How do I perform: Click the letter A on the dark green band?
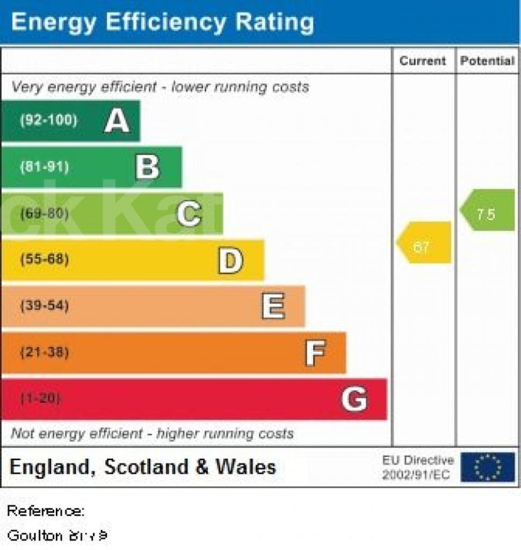tap(117, 121)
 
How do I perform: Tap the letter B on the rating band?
tap(148, 167)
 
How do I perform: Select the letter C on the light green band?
tap(189, 214)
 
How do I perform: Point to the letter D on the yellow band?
tap(230, 260)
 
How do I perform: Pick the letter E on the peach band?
tap(273, 307)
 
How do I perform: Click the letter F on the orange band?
tap(315, 353)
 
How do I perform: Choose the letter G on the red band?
tap(354, 400)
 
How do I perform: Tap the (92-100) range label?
tap(48, 120)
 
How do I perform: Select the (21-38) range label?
tap(44, 353)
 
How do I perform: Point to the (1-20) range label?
tap(41, 399)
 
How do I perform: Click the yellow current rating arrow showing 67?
tap(424, 243)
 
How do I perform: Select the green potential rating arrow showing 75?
tap(487, 210)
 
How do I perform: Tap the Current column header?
tap(423, 61)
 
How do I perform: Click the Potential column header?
tap(487, 61)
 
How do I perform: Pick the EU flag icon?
tap(487, 467)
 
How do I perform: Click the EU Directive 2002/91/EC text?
tap(417, 467)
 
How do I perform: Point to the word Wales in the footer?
tap(245, 467)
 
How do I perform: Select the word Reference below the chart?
tap(45, 511)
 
